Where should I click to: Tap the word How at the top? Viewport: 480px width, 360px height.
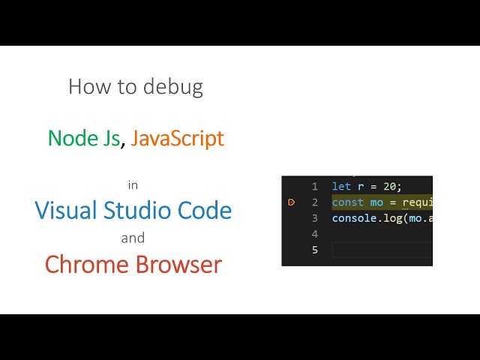(x=85, y=87)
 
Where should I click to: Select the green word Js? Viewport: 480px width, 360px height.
(x=109, y=138)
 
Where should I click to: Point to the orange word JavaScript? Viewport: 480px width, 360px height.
(x=177, y=138)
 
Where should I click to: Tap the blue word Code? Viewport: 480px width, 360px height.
(x=205, y=210)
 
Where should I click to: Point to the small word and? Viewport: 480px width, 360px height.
(x=133, y=238)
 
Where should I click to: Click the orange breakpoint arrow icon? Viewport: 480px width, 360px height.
(x=292, y=202)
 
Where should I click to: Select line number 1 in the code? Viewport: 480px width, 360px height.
(x=315, y=187)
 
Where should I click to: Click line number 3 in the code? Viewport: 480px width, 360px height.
(x=315, y=218)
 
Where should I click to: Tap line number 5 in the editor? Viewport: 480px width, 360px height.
(x=315, y=250)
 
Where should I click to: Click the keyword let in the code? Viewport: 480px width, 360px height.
(x=341, y=187)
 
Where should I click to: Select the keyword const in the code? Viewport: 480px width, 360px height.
(x=347, y=202)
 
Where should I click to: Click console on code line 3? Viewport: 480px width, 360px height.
(x=354, y=218)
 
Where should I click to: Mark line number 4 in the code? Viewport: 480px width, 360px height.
(x=315, y=234)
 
